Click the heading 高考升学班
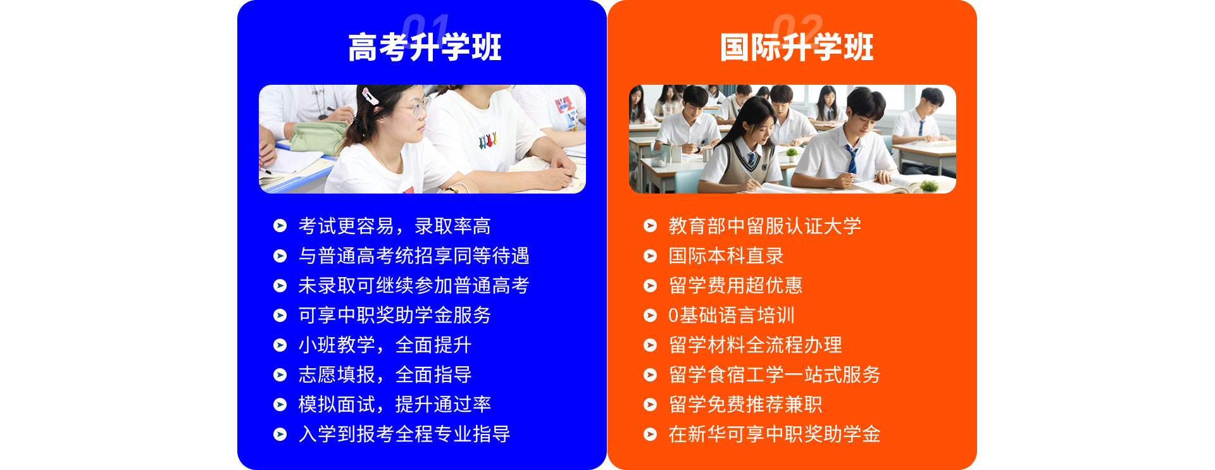point(425,47)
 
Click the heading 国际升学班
point(797,47)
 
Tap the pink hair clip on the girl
point(370,96)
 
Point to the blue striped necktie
point(852,158)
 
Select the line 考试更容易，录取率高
point(394,226)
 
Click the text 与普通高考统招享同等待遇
point(414,256)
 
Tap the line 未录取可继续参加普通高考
point(414,285)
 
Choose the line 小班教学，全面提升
point(385,345)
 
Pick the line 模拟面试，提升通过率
point(394,404)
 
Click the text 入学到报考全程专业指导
point(404,434)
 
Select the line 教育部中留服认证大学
point(765,226)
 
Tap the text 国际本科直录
point(726,256)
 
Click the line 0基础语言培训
point(732,315)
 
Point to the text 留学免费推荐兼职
point(745,404)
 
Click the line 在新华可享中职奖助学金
point(775,434)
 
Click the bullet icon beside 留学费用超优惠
point(650,285)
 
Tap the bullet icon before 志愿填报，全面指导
point(280,374)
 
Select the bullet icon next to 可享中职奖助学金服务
point(280,315)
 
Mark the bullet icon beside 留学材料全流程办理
point(650,345)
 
